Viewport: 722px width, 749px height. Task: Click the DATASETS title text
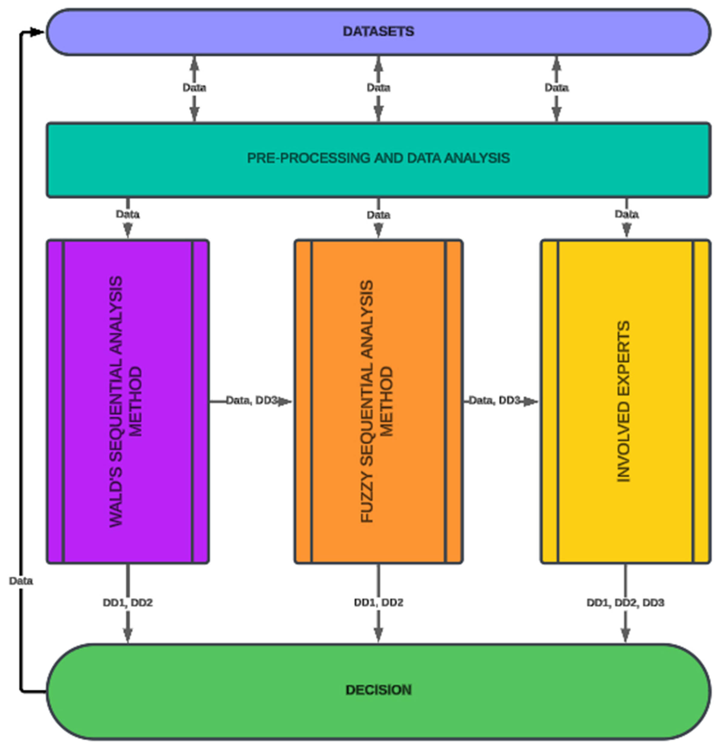point(378,31)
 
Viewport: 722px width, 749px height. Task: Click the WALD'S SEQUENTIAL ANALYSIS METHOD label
point(126,401)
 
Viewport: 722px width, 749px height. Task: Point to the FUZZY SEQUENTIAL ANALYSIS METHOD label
point(377,401)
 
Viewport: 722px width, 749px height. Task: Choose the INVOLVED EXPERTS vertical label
point(623,401)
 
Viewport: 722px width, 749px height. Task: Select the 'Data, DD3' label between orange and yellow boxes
point(494,400)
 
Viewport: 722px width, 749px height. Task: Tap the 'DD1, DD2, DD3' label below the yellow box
point(625,603)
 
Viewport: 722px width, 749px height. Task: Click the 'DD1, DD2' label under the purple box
point(127,603)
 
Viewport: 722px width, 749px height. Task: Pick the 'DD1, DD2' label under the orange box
point(378,603)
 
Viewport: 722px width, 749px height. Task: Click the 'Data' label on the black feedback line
point(21,581)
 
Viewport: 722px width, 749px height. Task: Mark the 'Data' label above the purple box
point(127,214)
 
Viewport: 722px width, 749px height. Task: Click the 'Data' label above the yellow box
point(626,214)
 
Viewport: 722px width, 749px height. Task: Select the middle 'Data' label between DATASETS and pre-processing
point(378,87)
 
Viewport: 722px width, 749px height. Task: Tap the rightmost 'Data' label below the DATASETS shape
point(556,87)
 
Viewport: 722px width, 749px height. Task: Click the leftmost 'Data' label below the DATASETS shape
point(194,87)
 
